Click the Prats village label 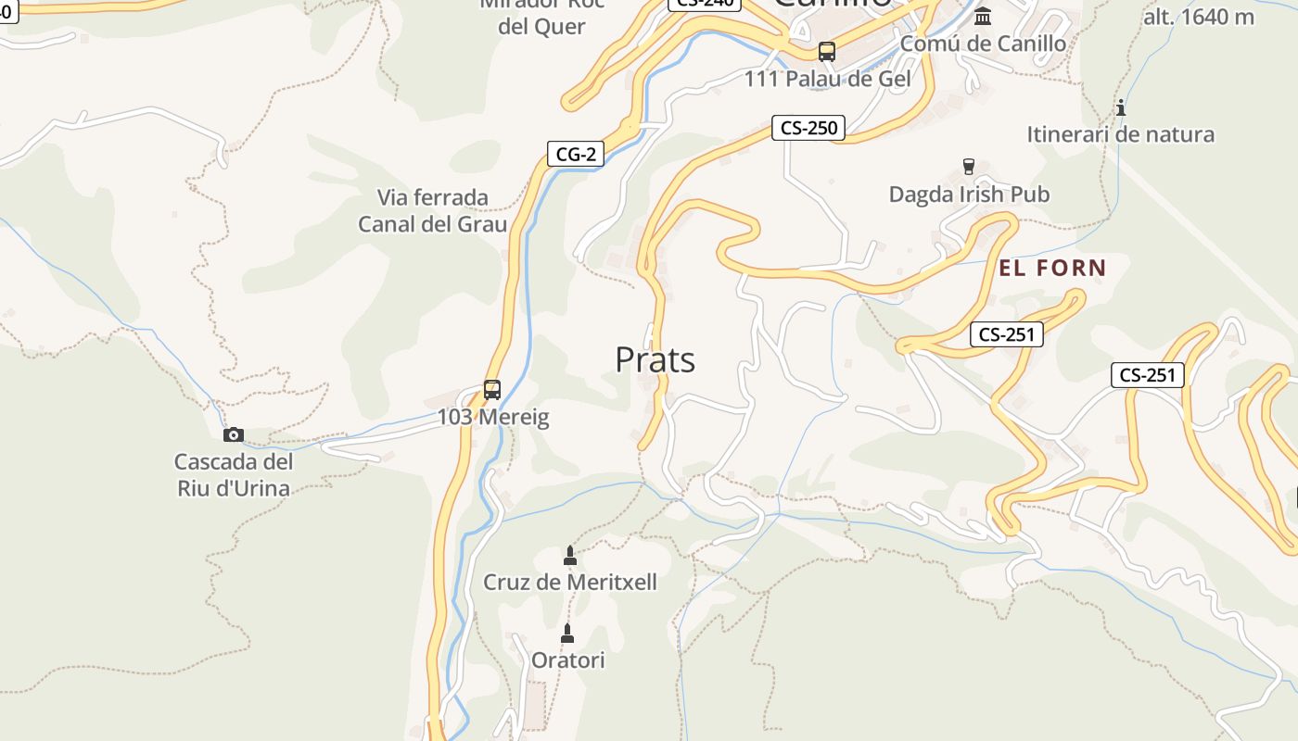click(x=655, y=359)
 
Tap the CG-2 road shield click(x=575, y=154)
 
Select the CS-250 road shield click(x=808, y=128)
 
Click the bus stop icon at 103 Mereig click(x=492, y=390)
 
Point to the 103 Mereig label click(x=493, y=418)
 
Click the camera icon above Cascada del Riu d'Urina click(x=234, y=434)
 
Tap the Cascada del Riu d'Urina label click(x=234, y=475)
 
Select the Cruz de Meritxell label click(x=570, y=583)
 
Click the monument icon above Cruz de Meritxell click(x=570, y=556)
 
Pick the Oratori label click(x=567, y=660)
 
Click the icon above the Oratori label click(x=567, y=634)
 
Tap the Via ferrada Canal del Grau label click(x=432, y=211)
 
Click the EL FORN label click(x=1052, y=269)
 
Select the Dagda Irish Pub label click(x=969, y=195)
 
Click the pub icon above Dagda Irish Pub click(x=969, y=167)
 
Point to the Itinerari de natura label click(x=1120, y=134)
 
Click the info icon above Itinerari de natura click(x=1121, y=107)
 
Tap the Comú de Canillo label click(x=983, y=44)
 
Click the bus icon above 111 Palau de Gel click(x=827, y=52)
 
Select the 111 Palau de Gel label click(x=827, y=79)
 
